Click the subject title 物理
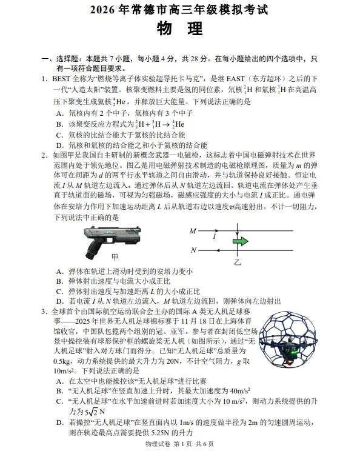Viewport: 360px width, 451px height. tap(179, 28)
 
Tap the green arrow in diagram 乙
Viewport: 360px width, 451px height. tap(239, 241)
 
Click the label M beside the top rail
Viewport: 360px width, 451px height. tap(193, 231)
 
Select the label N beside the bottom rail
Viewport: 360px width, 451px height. tap(193, 250)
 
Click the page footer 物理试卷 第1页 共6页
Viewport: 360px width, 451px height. tap(180, 444)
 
